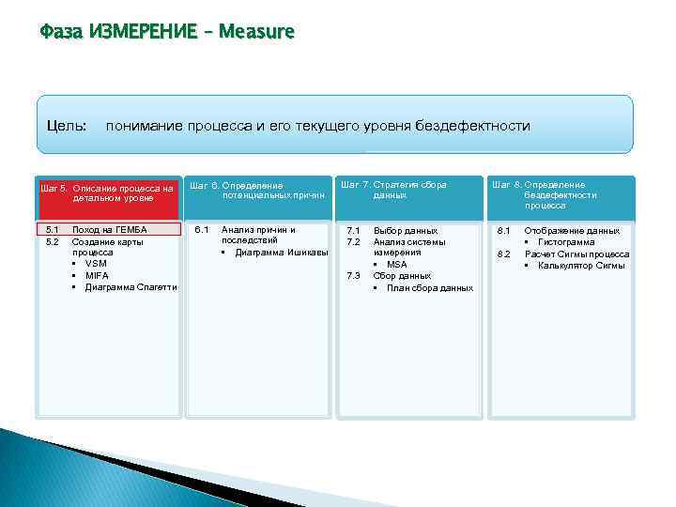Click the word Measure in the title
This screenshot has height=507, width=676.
click(x=256, y=33)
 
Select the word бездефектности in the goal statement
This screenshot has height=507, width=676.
click(x=476, y=126)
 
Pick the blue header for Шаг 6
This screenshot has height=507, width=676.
click(x=257, y=191)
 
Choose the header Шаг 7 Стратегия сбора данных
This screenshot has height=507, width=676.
click(x=407, y=191)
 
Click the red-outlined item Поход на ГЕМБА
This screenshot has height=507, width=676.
click(x=109, y=230)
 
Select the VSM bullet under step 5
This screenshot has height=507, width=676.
click(x=96, y=264)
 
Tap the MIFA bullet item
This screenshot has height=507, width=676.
click(x=97, y=276)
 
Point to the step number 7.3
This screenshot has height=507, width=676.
click(x=353, y=276)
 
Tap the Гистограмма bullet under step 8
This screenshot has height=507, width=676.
click(x=566, y=242)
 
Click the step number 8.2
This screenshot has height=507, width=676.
click(x=503, y=253)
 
